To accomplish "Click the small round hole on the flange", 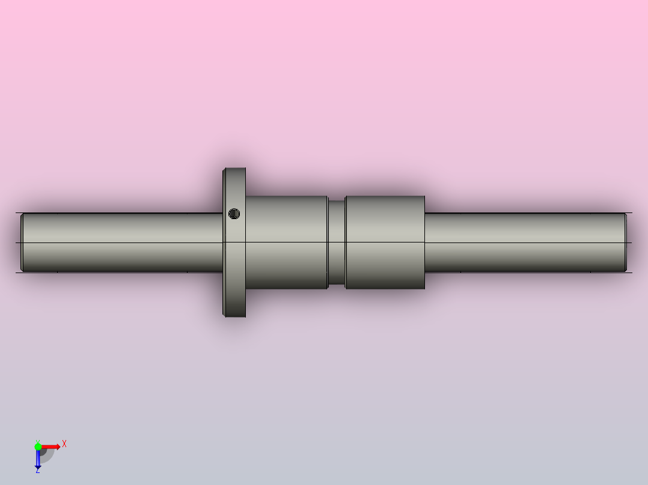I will [x=234, y=213].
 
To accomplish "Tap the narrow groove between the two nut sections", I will [x=337, y=242].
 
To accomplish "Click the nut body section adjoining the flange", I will [x=286, y=242].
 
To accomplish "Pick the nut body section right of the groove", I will [x=385, y=242].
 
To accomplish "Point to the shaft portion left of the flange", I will [x=120, y=242].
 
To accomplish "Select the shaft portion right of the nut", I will [x=523, y=242].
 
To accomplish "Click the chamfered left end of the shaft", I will [x=22, y=242].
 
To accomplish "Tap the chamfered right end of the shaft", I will [x=626, y=242].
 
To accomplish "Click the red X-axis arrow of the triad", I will [x=52, y=447].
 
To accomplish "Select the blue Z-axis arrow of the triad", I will [x=38, y=460].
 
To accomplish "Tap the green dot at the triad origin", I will [x=38, y=447].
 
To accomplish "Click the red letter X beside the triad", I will [x=64, y=444].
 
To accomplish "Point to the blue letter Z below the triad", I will [x=37, y=471].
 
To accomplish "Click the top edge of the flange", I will [x=234, y=169].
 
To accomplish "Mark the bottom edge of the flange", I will [x=234, y=316].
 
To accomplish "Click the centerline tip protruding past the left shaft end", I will [x=17, y=242].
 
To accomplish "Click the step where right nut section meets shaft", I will [x=425, y=242].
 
